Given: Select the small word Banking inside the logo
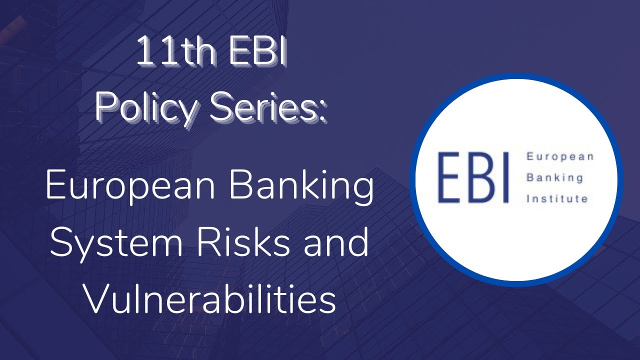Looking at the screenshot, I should point(555,178).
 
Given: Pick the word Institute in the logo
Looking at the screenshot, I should point(557,199).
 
